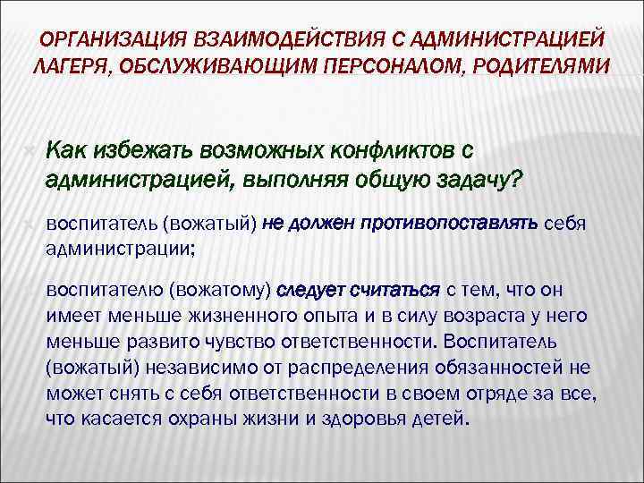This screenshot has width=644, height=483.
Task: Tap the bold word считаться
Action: [x=396, y=290]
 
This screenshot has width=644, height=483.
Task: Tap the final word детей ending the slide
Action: [x=438, y=419]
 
